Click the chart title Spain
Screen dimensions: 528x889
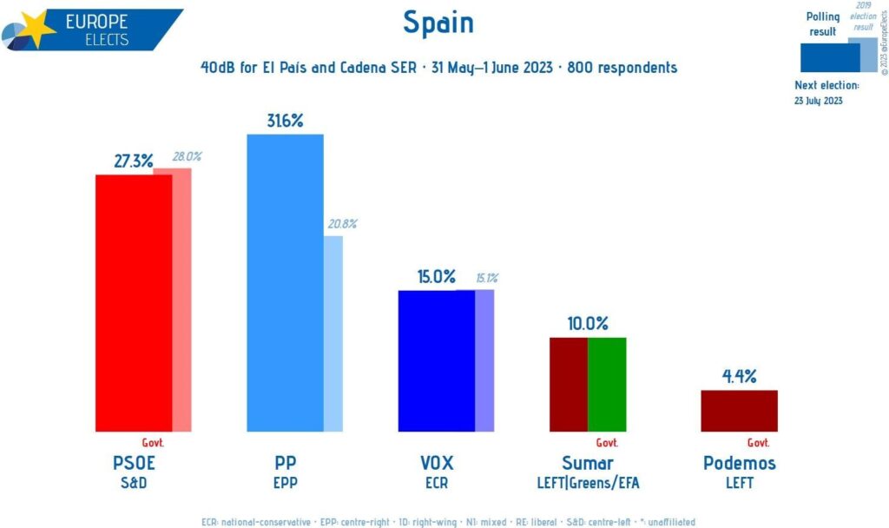point(438,23)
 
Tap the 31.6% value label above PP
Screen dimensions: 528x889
point(285,121)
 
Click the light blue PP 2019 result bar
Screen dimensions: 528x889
point(333,333)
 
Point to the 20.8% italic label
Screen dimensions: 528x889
point(341,224)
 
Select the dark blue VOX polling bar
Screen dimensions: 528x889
point(436,360)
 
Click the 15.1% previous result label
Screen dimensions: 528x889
point(486,279)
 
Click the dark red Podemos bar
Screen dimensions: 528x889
point(739,410)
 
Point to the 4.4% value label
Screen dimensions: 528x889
point(739,377)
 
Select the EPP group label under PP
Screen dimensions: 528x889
point(285,483)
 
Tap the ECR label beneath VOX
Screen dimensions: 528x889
point(436,483)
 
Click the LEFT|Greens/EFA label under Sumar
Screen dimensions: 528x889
point(588,483)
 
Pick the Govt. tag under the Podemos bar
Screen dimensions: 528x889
point(758,442)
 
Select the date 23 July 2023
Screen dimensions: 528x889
point(819,101)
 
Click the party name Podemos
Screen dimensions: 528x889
point(739,463)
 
